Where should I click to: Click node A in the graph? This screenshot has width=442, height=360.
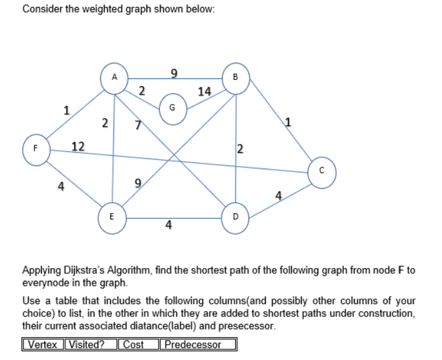[x=114, y=77]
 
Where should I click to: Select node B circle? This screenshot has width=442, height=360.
[x=235, y=78]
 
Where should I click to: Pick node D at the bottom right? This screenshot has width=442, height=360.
[x=235, y=216]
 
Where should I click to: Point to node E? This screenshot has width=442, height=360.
[x=112, y=216]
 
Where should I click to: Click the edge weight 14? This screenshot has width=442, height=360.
[x=204, y=91]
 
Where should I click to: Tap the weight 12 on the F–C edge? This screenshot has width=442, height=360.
[x=79, y=147]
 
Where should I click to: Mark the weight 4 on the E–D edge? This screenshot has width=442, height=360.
[x=168, y=225]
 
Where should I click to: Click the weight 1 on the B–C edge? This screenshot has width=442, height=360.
[x=289, y=122]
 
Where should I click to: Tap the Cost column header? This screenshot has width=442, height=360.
[x=134, y=345]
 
